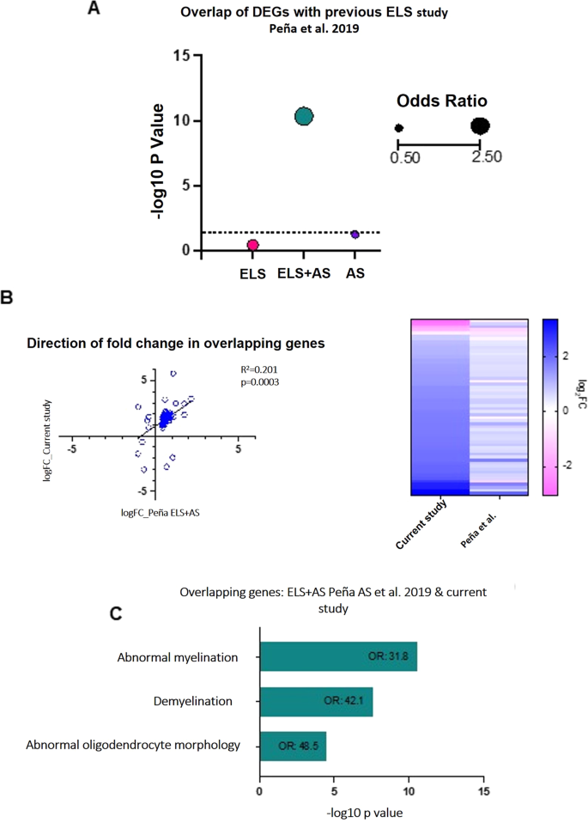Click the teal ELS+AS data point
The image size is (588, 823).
(304, 116)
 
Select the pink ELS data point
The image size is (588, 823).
(253, 245)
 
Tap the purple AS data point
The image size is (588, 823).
(354, 234)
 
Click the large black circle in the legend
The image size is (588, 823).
(480, 126)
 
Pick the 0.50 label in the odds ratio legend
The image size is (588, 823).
(399, 157)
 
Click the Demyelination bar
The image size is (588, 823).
(316, 701)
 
